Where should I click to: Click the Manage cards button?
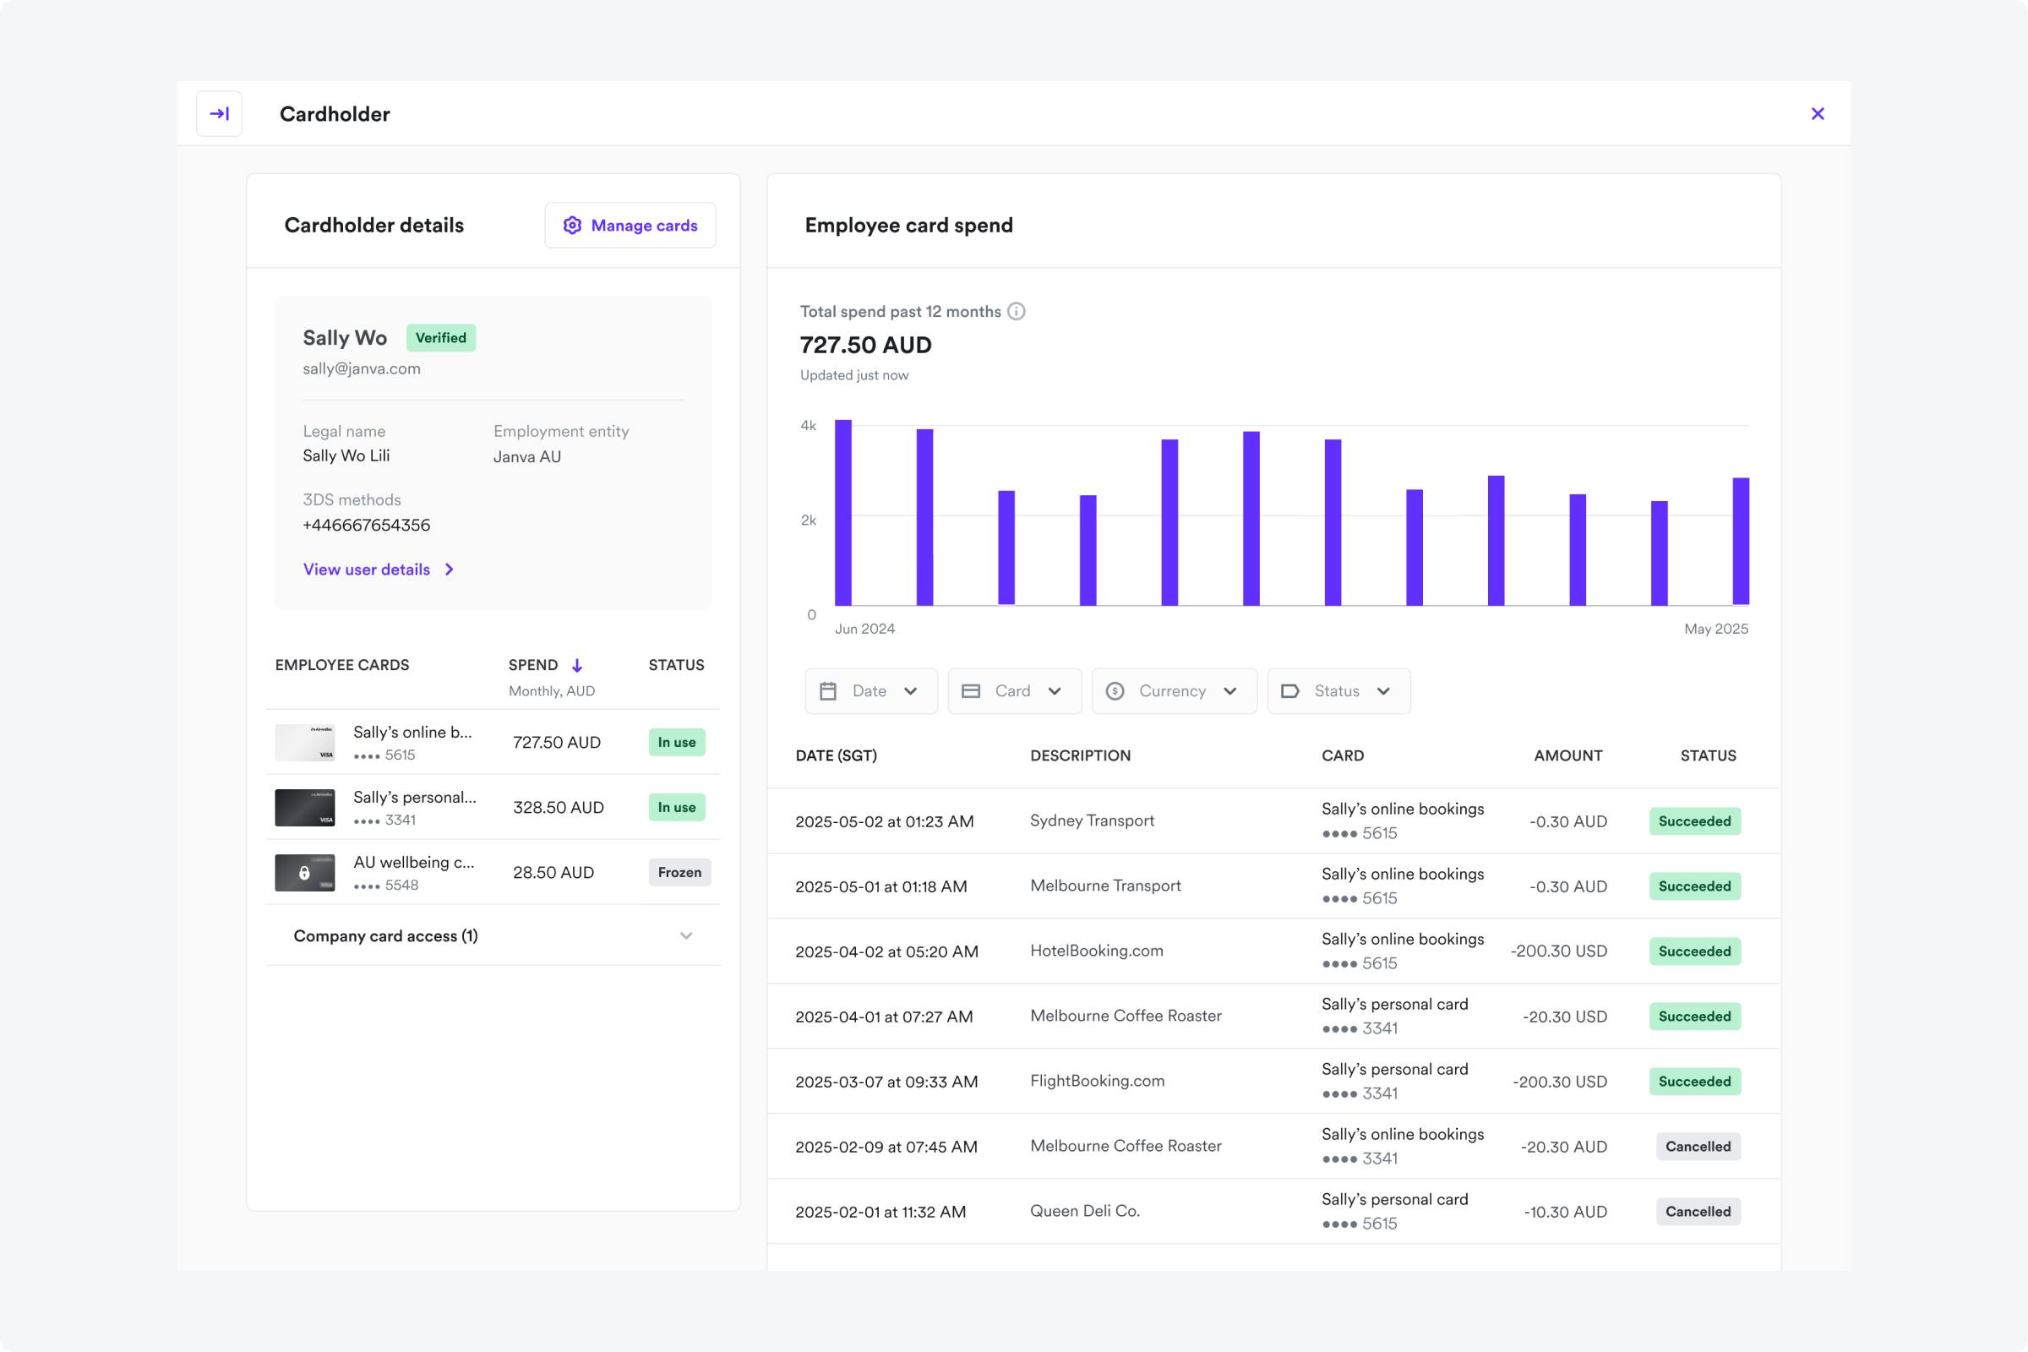tap(630, 225)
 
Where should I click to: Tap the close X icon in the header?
tap(1818, 114)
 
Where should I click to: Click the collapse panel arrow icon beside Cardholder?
tap(219, 114)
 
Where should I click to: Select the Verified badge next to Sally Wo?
tap(440, 338)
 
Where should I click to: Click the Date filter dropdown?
tap(871, 690)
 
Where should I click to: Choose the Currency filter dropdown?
tap(1174, 690)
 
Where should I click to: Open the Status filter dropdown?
tap(1338, 690)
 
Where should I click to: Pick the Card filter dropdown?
tap(1014, 690)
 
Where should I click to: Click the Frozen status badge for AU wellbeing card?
tap(679, 873)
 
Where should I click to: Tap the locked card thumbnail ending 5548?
tap(304, 873)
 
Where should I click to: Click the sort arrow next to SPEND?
tap(577, 665)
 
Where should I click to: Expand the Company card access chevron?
tap(686, 935)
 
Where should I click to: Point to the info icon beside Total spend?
tap(1017, 311)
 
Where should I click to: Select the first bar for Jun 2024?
tap(842, 513)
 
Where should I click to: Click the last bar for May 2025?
tap(1741, 542)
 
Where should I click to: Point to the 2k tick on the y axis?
tap(808, 520)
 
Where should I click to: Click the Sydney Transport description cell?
tap(1092, 820)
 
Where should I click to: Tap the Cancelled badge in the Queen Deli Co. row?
tap(1698, 1212)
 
